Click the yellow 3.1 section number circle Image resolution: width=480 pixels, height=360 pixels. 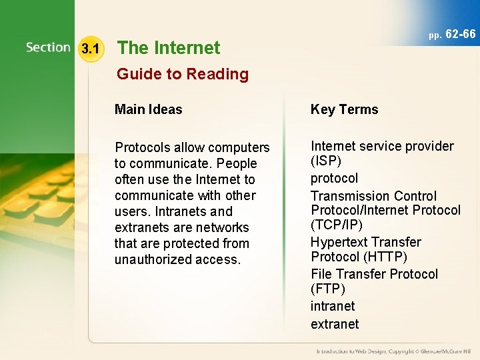90,48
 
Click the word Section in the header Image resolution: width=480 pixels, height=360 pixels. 48,47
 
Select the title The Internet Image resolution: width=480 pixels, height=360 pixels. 169,48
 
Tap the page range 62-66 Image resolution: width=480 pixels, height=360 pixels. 460,33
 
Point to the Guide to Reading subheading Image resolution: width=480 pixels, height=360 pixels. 182,74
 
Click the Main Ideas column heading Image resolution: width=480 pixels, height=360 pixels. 148,109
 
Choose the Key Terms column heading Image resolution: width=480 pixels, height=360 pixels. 344,109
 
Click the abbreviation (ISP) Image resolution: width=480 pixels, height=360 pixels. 326,162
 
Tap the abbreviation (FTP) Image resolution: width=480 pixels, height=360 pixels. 328,289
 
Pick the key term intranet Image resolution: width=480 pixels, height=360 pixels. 333,306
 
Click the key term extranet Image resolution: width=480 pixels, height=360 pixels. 335,324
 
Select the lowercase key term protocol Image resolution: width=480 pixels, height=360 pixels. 334,178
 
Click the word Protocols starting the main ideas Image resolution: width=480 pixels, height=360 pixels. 143,147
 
